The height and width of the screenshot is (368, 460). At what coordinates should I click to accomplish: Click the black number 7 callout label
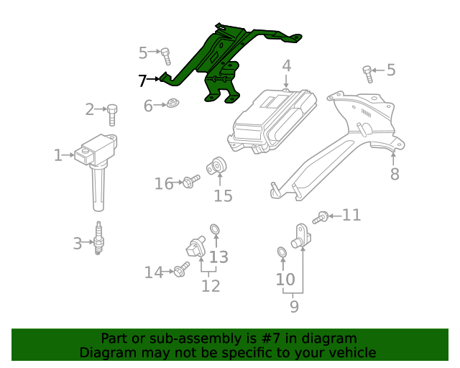point(142,80)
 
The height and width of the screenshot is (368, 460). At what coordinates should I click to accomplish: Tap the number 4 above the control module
point(286,67)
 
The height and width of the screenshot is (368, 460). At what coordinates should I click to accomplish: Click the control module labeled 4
point(272,119)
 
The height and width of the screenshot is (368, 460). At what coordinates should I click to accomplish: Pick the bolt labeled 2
point(113,113)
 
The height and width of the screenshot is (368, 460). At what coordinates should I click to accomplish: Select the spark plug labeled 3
point(99,239)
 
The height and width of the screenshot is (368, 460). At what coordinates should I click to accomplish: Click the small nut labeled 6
point(172,105)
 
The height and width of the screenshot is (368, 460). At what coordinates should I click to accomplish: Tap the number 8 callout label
point(394,173)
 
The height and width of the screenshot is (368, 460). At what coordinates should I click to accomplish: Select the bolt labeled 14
point(181,270)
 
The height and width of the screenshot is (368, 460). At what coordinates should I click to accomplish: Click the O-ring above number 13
point(215,230)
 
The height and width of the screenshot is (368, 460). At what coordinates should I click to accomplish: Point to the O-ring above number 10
point(281,252)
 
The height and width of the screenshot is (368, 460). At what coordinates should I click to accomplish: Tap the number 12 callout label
point(210,285)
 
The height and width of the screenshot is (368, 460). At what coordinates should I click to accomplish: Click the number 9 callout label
point(294,306)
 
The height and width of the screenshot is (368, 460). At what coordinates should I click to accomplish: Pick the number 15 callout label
point(223,195)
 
